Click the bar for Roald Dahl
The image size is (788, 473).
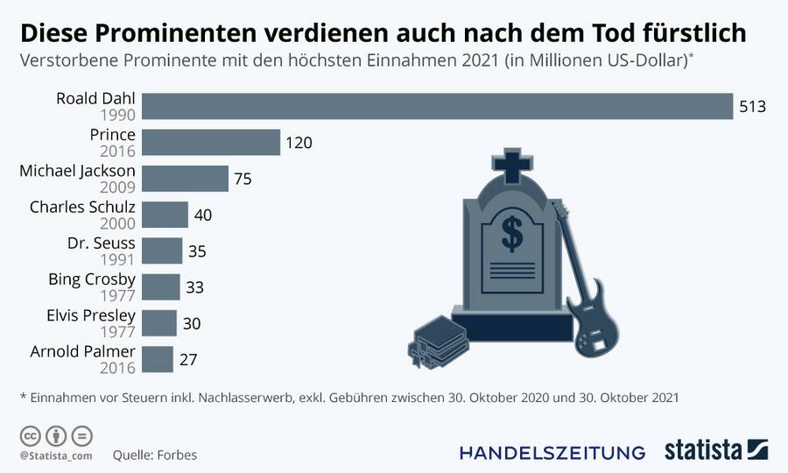tap(436, 106)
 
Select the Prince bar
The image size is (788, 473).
tap(210, 143)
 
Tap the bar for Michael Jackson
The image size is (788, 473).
tap(185, 179)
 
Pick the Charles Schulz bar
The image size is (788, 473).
tap(165, 215)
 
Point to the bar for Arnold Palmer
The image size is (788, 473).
tap(158, 360)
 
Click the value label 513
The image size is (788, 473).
tap(752, 107)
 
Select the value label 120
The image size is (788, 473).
tap(299, 143)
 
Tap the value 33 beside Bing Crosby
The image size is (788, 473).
tap(194, 287)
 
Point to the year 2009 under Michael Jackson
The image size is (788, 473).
tap(118, 187)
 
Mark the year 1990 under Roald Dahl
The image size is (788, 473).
tap(118, 114)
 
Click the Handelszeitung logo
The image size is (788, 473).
tap(552, 452)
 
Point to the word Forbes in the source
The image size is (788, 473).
tap(178, 455)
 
